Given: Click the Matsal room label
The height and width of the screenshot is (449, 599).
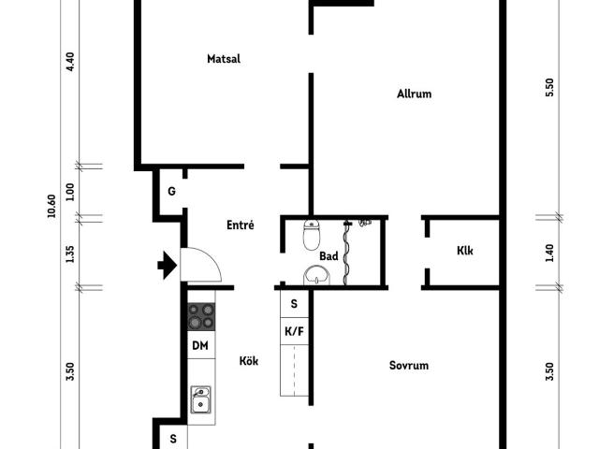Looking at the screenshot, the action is (224, 59).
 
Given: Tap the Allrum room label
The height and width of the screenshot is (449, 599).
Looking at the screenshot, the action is (414, 94).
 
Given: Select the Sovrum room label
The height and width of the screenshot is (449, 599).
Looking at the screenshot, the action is (409, 366).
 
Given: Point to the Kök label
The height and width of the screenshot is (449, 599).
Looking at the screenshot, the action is (249, 361).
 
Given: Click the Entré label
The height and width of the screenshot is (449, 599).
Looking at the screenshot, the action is (241, 224).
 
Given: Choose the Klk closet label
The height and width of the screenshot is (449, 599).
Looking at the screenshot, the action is (465, 251).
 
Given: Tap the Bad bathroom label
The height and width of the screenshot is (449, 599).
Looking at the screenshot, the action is (329, 256).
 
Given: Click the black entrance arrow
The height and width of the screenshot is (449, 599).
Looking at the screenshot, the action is (168, 265).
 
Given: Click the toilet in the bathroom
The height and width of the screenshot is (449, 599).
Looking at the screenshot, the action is (312, 235).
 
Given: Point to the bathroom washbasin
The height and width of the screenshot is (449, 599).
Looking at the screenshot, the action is (316, 275).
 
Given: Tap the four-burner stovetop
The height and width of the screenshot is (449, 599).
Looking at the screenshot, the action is (201, 316).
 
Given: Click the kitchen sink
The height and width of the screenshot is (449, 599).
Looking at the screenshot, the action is (200, 399).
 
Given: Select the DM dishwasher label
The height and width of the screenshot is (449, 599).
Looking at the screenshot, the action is (200, 346).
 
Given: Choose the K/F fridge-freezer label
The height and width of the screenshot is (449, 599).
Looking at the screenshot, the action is (294, 331).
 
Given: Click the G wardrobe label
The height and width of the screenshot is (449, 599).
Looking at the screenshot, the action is (172, 191).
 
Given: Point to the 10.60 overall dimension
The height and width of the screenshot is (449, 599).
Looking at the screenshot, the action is (51, 206).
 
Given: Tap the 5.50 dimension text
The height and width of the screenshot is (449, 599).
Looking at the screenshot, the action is (549, 87).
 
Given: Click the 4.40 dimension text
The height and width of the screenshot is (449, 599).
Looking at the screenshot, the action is (70, 62).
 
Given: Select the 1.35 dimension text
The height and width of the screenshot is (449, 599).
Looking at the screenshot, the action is (69, 253).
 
